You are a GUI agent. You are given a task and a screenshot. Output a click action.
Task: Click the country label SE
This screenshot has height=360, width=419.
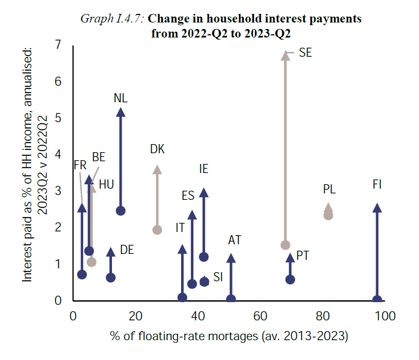click(305, 52)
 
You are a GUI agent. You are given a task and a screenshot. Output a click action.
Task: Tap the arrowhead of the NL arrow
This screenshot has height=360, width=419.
click(121, 112)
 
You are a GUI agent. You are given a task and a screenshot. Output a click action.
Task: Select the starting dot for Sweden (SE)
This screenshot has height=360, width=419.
click(286, 245)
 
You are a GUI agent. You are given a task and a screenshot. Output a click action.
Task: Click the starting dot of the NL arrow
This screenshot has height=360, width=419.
click(121, 211)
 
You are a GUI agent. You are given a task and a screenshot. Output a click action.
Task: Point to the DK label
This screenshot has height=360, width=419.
click(157, 149)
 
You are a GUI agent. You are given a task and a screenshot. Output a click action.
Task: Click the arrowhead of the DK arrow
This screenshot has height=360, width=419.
click(157, 169)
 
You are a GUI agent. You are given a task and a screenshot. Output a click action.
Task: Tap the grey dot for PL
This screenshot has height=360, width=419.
click(328, 215)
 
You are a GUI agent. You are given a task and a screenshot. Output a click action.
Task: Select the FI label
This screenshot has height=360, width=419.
click(377, 185)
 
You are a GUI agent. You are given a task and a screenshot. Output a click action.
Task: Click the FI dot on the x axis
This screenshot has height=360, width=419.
click(377, 301)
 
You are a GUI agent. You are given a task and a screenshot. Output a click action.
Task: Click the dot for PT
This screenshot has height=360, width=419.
click(290, 279)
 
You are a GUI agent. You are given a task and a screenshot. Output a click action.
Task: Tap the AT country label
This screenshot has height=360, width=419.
click(234, 239)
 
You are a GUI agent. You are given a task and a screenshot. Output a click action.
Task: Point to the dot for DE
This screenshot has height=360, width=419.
click(111, 277)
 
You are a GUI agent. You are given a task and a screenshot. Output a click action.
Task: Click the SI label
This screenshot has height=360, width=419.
click(218, 277)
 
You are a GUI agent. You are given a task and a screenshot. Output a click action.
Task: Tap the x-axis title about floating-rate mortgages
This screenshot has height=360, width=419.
click(229, 336)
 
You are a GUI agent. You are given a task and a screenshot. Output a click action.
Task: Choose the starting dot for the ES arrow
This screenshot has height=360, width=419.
click(192, 283)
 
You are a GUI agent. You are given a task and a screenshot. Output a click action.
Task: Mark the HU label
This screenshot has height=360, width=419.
click(106, 184)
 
